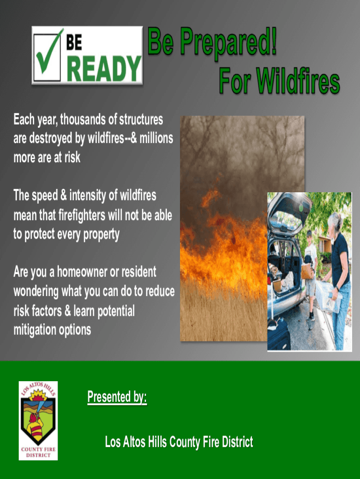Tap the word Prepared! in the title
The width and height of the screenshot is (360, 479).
229,45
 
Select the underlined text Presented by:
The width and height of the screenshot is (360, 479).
117,398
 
